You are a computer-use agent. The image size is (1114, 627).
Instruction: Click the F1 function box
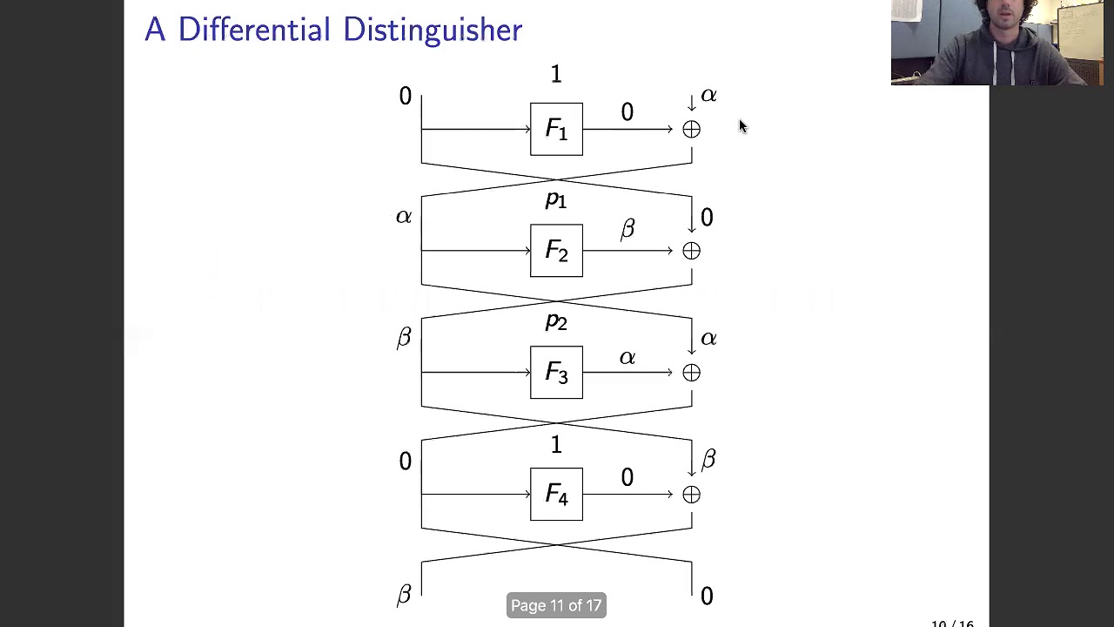point(556,129)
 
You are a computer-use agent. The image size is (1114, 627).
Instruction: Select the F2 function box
point(556,251)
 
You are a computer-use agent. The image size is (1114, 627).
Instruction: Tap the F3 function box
point(556,373)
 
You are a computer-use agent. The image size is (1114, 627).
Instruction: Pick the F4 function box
point(556,495)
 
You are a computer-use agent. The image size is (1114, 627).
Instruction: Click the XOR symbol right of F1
point(691,130)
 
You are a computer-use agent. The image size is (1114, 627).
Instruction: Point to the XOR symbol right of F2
point(691,252)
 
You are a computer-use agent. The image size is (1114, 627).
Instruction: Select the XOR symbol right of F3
point(691,374)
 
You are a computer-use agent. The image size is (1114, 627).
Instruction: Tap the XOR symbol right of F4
point(691,496)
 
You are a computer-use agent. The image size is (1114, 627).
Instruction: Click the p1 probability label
point(555,199)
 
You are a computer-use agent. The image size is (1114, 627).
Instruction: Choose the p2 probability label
point(555,321)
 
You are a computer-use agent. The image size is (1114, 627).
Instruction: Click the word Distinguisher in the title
point(432,30)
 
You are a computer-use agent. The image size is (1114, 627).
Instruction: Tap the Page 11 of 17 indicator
point(556,605)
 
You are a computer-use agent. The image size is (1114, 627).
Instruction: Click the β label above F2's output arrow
point(627,229)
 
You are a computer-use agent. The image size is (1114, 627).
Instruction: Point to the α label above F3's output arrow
point(627,358)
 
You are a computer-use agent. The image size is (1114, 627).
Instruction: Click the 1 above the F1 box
point(556,75)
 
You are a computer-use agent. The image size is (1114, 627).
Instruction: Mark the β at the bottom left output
point(404,596)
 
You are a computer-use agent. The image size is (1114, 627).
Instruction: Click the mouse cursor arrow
point(742,127)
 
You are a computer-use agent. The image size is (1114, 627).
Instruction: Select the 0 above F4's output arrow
point(627,478)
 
